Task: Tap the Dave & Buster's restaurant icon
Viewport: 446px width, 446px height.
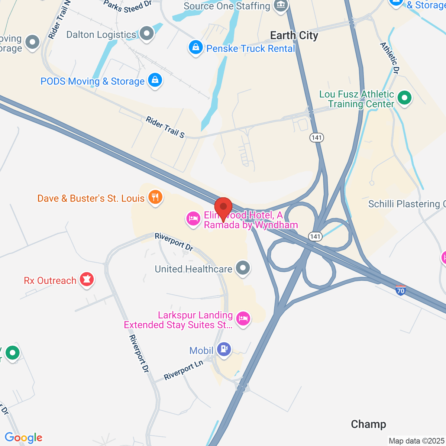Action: click(x=155, y=197)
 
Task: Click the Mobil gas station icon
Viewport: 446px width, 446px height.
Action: click(x=224, y=349)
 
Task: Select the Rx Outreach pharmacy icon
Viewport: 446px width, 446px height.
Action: click(x=87, y=279)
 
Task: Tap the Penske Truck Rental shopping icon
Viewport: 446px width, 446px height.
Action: click(x=195, y=47)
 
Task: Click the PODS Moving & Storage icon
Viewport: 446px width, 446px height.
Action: click(x=155, y=80)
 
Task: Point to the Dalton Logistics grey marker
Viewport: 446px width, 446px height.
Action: click(x=147, y=33)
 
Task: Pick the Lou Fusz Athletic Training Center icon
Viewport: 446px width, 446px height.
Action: click(x=404, y=98)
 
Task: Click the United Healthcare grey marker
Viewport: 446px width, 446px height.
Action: click(x=243, y=268)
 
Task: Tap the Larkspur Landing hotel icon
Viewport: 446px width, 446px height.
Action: click(x=243, y=319)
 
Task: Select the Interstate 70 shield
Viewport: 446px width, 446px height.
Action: click(x=400, y=290)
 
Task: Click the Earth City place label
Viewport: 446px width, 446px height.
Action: click(x=294, y=36)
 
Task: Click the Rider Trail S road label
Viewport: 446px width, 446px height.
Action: click(x=165, y=127)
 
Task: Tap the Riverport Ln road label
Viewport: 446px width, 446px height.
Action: click(x=184, y=370)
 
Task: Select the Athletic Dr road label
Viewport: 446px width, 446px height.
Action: click(x=390, y=58)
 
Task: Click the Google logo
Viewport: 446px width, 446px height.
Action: click(x=23, y=438)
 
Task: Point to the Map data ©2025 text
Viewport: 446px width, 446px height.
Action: click(x=416, y=441)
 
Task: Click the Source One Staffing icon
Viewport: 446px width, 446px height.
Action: click(x=281, y=5)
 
